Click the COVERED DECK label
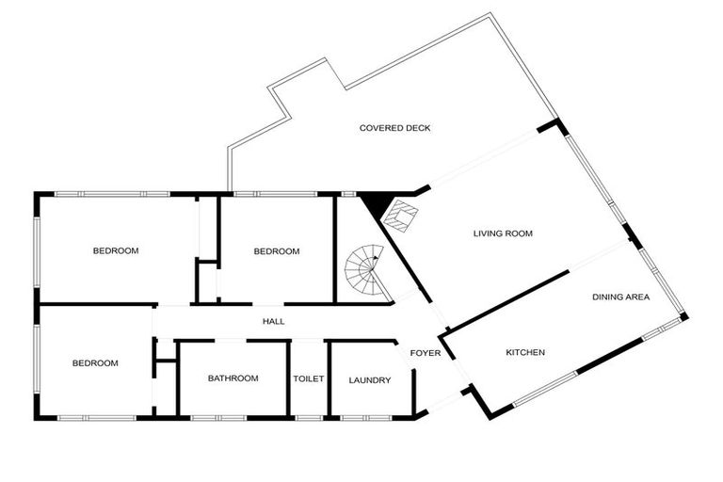coord(394,128)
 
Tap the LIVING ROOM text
coord(503,233)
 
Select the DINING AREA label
coord(620,297)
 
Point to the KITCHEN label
coord(525,352)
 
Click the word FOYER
coord(426,353)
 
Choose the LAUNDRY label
coord(370,380)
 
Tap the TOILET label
coord(309,378)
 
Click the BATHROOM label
coord(233,378)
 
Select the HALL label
coord(273,321)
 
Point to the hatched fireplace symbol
coord(401,216)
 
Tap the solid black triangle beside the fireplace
coord(376,203)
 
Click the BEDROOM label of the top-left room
coord(116,251)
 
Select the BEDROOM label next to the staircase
coord(277,251)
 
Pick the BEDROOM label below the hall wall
coord(95,363)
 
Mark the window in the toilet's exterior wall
coord(309,418)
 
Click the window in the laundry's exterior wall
coord(366,418)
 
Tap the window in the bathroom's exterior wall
coord(219,418)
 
